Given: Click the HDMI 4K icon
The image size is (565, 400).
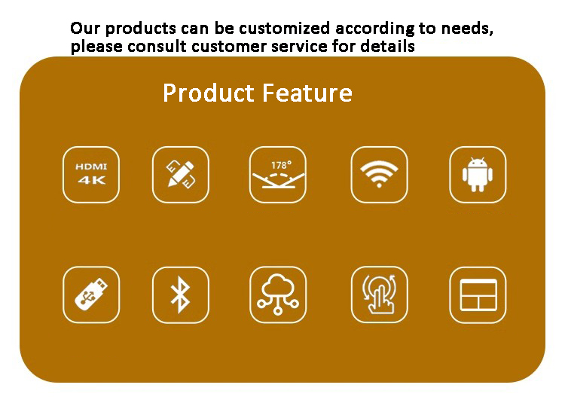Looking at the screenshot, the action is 91,175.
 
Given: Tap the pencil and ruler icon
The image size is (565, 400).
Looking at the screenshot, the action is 181,175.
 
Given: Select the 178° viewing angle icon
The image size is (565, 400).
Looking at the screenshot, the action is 278,175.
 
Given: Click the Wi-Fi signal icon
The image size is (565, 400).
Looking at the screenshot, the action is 379,175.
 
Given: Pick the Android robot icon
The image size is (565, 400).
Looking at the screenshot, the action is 478,175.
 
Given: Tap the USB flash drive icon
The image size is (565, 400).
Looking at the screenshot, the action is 91,295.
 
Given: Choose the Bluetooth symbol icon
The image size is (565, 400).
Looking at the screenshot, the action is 181,295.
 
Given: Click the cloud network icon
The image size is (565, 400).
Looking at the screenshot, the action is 278,295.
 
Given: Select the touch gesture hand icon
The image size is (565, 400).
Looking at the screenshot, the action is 379,295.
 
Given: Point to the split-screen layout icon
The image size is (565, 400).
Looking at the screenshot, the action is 478,295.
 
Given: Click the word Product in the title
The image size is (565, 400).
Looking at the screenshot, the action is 209,93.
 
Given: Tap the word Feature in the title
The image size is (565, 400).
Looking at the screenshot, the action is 307,93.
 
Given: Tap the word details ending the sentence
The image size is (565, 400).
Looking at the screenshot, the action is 387,47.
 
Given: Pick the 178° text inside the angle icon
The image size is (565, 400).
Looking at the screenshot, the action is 281,165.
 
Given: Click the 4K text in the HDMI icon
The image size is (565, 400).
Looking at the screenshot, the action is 91,180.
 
